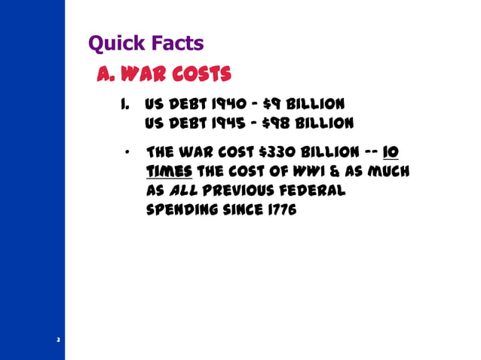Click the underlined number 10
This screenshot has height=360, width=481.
tap(391, 153)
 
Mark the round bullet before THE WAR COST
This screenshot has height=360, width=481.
tap(129, 152)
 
